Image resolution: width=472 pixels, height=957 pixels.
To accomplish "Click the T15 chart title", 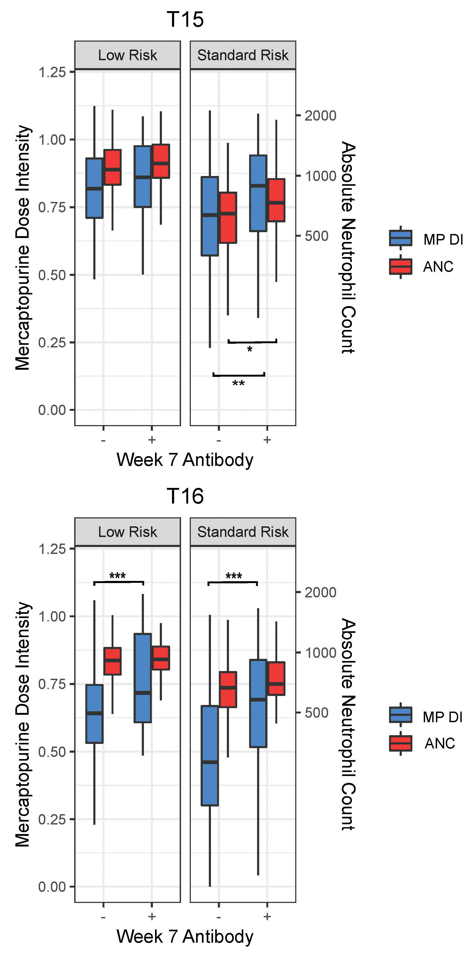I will pos(185,19).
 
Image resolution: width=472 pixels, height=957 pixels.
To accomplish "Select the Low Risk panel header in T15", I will pos(127,55).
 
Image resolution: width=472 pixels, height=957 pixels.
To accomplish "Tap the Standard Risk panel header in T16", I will pos(242,532).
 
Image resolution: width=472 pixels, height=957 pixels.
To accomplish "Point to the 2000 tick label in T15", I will pos(320,116).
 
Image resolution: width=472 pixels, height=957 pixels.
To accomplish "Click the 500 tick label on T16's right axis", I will pos(316,713).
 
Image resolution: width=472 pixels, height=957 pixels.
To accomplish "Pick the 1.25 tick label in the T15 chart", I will pos(52,72).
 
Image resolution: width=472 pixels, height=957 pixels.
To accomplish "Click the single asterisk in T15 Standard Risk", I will pos(250,350).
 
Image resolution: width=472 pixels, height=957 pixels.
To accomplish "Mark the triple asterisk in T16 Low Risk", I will pos(117,576).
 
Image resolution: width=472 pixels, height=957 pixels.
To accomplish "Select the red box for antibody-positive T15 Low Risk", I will pos(161,161).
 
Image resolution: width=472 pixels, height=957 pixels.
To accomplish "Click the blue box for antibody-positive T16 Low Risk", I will pos(143,677).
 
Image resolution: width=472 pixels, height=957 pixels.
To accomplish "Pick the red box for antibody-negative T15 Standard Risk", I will pos(228,218).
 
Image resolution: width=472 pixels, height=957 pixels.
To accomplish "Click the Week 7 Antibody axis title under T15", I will pos(185,460).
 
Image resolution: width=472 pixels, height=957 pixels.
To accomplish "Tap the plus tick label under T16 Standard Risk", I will pos(267,916).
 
